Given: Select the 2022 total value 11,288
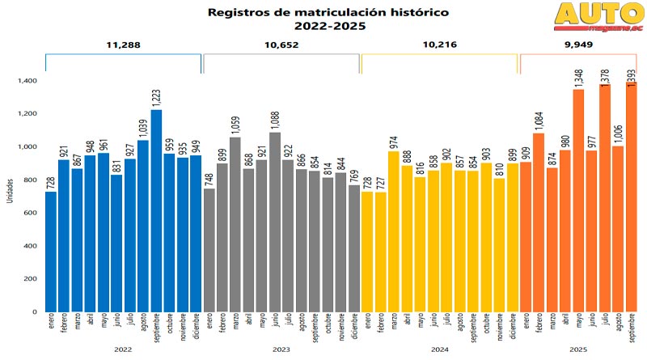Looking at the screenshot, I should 122,44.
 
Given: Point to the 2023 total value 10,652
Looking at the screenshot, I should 281,44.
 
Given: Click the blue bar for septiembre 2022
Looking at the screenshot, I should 156,210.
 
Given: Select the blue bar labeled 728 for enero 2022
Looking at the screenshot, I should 51,252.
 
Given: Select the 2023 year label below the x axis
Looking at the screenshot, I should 281,349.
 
